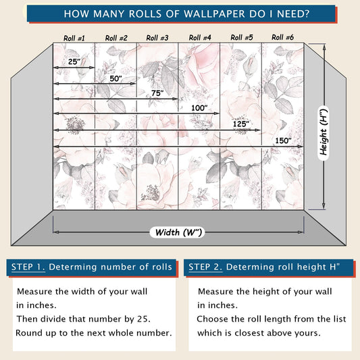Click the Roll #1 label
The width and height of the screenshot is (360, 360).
click(74, 38)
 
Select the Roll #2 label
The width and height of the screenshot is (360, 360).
click(116, 38)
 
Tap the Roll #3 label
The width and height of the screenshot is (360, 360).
click(157, 38)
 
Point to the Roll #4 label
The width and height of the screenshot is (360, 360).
click(200, 37)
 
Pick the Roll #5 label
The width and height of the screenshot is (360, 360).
click(242, 37)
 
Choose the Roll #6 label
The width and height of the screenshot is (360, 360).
click(282, 37)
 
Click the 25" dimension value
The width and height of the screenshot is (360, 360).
click(74, 61)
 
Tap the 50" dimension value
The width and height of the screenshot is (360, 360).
click(115, 78)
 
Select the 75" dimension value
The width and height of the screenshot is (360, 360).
click(157, 93)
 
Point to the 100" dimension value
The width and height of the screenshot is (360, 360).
click(199, 108)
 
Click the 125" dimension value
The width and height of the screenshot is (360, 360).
click(241, 124)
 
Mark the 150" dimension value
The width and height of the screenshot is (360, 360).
click(283, 140)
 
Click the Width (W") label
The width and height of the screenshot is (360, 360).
click(178, 232)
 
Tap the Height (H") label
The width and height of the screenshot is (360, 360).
click(324, 132)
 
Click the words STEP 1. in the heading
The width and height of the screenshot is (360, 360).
click(28, 267)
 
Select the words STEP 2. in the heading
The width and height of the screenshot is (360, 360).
click(205, 267)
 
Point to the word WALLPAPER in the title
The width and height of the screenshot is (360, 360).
click(214, 14)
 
